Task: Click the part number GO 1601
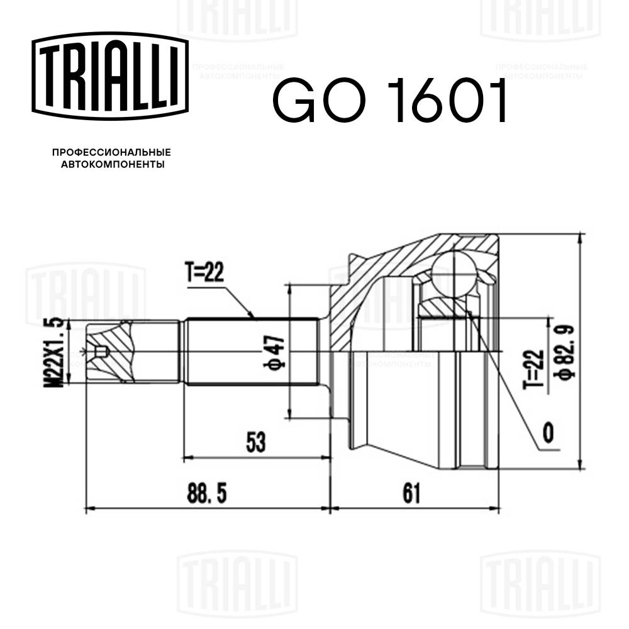pyautogui.click(x=391, y=101)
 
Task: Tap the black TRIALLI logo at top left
pyautogui.click(x=110, y=76)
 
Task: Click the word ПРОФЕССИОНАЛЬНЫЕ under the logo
pyautogui.click(x=111, y=152)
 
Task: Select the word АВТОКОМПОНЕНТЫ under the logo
pyautogui.click(x=111, y=165)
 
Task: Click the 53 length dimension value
pyautogui.click(x=255, y=442)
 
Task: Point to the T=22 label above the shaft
pyautogui.click(x=204, y=272)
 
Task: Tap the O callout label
pyautogui.click(x=548, y=432)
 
